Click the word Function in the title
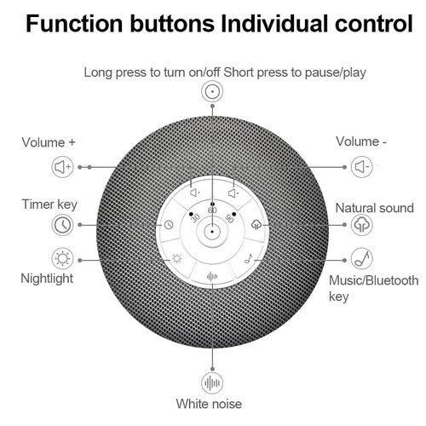coord(74,24)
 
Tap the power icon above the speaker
coord(212,91)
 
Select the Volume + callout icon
coord(62,167)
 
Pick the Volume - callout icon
coord(361,167)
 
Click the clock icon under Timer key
coord(62,225)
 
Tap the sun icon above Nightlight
coord(62,259)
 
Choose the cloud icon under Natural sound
coord(361,225)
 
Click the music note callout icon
coord(361,259)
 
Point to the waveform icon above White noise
coord(212,383)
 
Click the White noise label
coord(209,404)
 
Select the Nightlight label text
coord(47,279)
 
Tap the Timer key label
coord(49,204)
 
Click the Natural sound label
coord(374,208)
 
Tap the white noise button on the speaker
coord(212,276)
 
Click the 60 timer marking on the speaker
coord(212,210)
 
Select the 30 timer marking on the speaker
coord(195,218)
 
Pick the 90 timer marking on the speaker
coord(229,218)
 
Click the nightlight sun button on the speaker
coord(177,259)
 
